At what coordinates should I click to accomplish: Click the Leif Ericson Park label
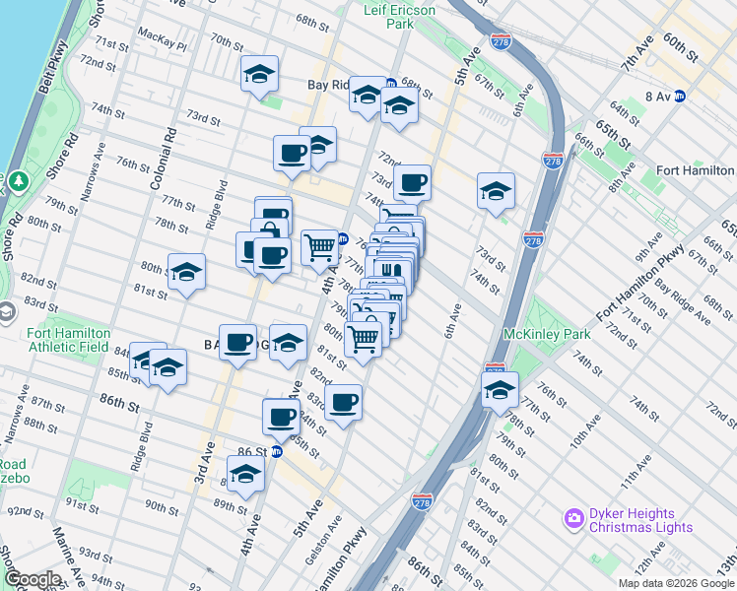click(401, 15)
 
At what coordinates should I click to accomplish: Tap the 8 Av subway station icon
click(680, 96)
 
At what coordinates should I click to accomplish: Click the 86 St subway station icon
click(277, 451)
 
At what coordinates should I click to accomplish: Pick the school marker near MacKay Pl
click(259, 75)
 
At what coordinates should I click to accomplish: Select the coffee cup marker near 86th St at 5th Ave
click(282, 416)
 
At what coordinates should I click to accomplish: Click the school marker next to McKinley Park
click(500, 390)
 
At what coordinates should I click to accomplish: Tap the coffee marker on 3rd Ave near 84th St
click(237, 342)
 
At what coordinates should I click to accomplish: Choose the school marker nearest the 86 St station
click(245, 475)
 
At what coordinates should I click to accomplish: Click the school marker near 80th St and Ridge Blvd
click(186, 273)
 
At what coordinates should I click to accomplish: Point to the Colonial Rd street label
click(164, 158)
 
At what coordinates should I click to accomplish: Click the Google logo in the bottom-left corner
click(33, 579)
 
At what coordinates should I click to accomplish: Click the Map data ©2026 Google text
click(675, 583)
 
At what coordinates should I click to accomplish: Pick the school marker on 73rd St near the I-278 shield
click(496, 192)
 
